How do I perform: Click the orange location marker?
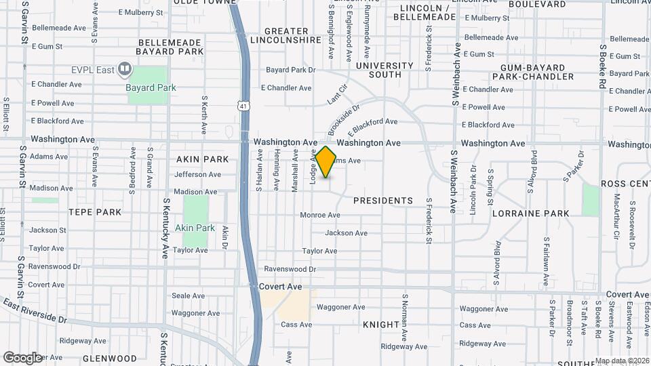[x=326, y=162]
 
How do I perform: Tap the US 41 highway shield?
[x=243, y=105]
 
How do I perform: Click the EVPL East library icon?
[x=124, y=68]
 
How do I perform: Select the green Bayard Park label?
[x=151, y=87]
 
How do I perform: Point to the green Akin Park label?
[x=195, y=228]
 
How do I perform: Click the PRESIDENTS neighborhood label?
[x=383, y=201]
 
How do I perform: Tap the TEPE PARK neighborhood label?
[x=95, y=212]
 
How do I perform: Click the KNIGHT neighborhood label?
[x=381, y=325]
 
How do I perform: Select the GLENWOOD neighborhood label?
[x=110, y=358]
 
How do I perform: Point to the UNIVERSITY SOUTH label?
[x=384, y=70]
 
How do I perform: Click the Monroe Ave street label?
[x=320, y=215]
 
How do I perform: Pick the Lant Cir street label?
[x=337, y=94]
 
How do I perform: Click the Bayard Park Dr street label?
[x=291, y=70]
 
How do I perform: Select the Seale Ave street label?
[x=188, y=296]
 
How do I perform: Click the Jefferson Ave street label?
[x=197, y=174]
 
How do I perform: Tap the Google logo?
[x=22, y=357]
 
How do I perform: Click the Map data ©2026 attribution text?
[x=622, y=361]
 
